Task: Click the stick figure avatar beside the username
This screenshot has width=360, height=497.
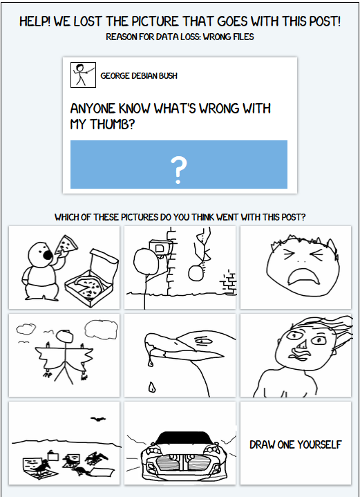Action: click(x=83, y=75)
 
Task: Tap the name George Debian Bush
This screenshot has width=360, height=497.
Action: click(x=139, y=75)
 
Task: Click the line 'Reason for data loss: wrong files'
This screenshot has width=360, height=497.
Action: click(x=180, y=37)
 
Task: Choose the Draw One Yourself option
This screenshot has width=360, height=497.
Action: click(x=295, y=444)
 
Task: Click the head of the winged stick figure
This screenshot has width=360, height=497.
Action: click(x=65, y=337)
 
